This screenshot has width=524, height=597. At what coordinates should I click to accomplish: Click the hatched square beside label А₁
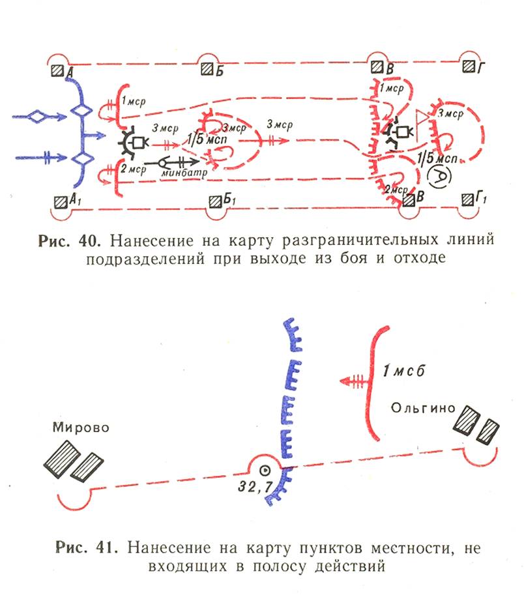coord(61,202)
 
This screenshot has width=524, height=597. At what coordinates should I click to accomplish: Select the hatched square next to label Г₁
coord(468,199)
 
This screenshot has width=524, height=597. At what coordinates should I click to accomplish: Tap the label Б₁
coord(229,199)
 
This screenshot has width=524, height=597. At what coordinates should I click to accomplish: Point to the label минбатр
coord(184,173)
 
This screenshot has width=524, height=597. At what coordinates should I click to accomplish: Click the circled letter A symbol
coord(439,176)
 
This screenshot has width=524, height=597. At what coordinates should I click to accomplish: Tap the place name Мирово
coord(81,428)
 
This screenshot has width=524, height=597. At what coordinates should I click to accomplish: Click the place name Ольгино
coord(423,408)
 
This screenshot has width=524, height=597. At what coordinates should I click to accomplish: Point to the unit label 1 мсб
coord(403,371)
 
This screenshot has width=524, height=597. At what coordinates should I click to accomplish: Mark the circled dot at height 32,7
coord(265,471)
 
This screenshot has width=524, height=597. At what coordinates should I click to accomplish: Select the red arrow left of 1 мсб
coord(354,381)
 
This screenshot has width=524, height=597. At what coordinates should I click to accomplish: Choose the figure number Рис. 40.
coord(69,240)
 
